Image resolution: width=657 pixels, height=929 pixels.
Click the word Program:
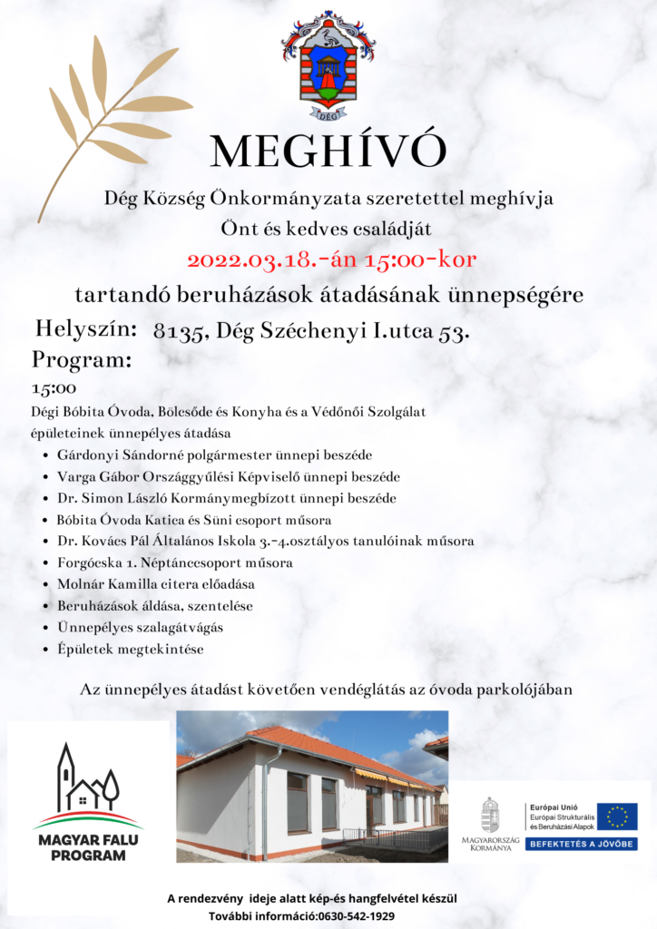tap(83, 359)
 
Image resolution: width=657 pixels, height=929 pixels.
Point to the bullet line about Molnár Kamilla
tap(155, 583)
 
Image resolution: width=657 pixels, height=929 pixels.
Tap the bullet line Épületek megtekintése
tap(130, 650)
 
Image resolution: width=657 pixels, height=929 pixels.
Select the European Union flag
tap(617, 816)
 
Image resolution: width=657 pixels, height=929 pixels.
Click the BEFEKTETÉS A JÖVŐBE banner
tap(582, 844)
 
